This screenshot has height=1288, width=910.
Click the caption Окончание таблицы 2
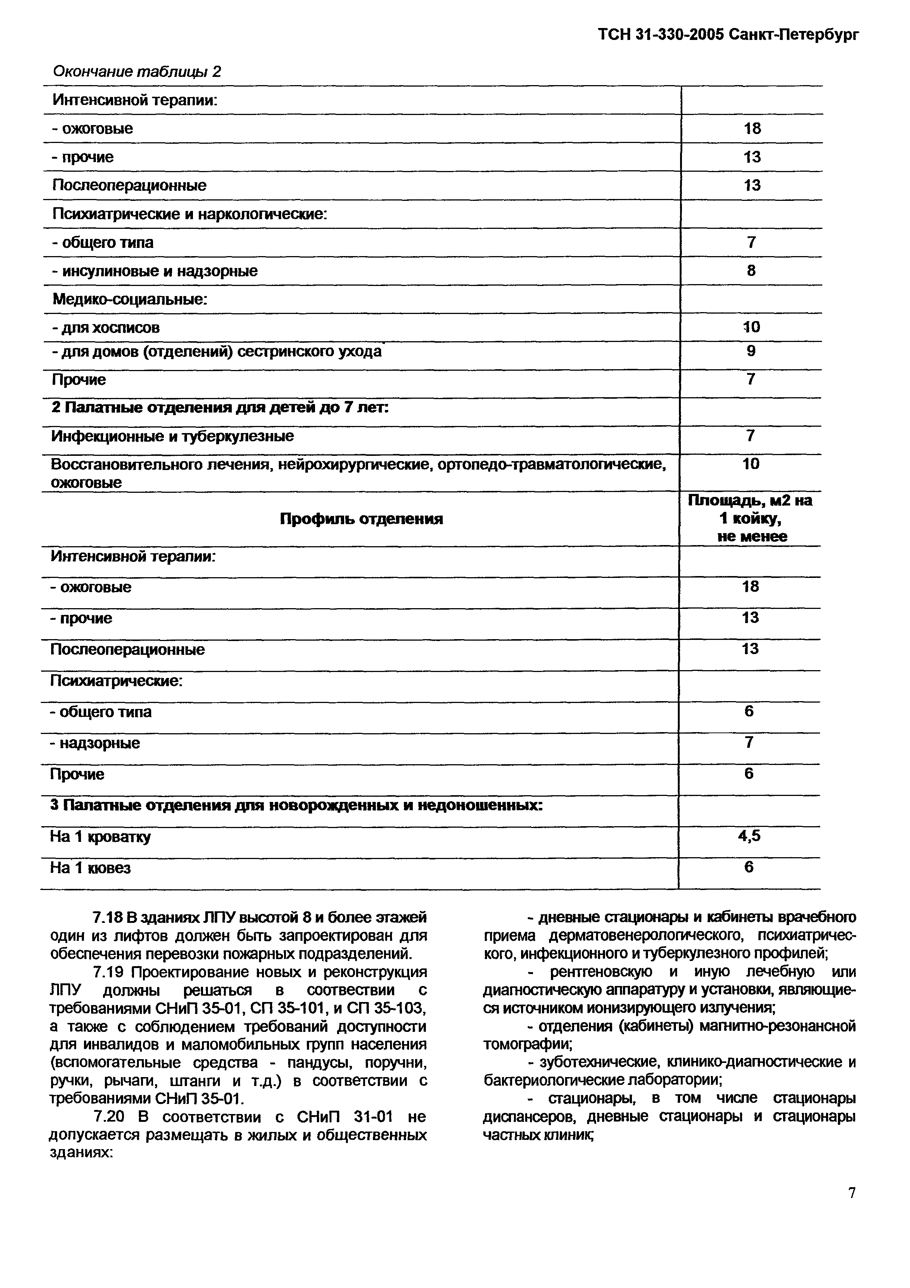point(137,72)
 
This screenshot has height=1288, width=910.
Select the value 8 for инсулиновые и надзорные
point(751,271)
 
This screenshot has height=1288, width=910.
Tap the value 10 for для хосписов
point(751,327)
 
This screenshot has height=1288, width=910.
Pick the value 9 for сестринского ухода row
point(751,351)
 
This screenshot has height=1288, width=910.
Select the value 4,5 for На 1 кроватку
point(749,836)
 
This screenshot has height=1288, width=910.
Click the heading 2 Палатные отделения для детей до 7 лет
point(220,407)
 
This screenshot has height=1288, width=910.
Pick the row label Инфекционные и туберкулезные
point(172,436)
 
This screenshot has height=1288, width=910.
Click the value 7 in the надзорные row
point(749,742)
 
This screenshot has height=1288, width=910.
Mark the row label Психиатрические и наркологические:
point(189,214)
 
